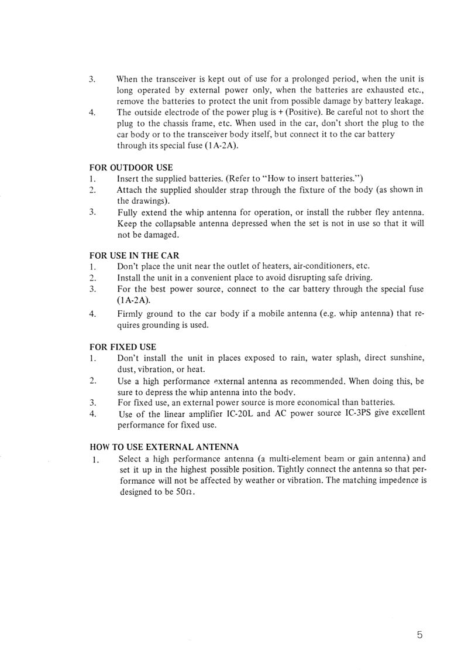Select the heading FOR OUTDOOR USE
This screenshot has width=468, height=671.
[130, 168]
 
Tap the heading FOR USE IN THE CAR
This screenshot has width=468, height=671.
[134, 255]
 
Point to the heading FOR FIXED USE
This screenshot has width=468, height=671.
[122, 347]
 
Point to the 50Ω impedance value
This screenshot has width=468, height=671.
[184, 492]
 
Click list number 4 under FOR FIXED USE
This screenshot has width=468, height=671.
[92, 413]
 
